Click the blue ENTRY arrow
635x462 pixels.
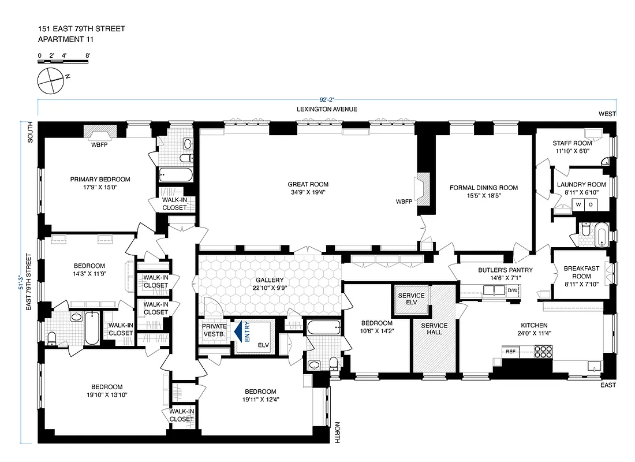(x=237, y=333)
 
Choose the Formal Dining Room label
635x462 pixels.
(x=484, y=188)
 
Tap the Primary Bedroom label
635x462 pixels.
(x=100, y=179)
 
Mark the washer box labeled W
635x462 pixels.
(x=578, y=204)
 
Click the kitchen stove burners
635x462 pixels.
(x=543, y=352)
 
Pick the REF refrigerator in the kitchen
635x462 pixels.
(x=510, y=351)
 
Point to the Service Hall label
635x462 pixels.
(x=434, y=330)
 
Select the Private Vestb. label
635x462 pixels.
(x=214, y=330)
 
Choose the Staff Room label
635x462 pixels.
(x=572, y=143)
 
